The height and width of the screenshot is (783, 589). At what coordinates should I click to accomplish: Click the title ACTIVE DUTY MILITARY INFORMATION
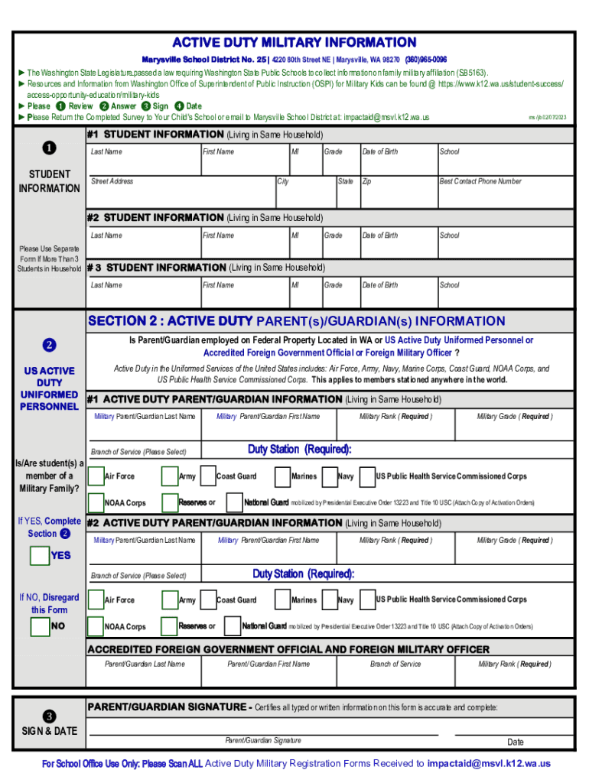pyautogui.click(x=294, y=42)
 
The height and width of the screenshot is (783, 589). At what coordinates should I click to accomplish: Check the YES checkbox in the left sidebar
pyautogui.click(x=40, y=556)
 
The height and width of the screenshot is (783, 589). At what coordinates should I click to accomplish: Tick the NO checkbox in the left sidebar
pyautogui.click(x=40, y=627)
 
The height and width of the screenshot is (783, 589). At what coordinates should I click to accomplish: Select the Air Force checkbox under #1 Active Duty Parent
pyautogui.click(x=96, y=476)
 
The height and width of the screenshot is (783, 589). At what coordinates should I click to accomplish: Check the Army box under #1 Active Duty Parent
pyautogui.click(x=170, y=476)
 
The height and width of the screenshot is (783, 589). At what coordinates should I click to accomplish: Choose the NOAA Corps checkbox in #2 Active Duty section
pyautogui.click(x=96, y=626)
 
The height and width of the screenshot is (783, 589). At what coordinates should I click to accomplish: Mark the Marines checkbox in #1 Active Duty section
pyautogui.click(x=282, y=476)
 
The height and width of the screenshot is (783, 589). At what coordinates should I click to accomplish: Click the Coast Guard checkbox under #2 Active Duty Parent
pyautogui.click(x=207, y=600)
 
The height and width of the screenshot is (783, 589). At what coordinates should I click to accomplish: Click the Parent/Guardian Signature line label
pyautogui.click(x=262, y=740)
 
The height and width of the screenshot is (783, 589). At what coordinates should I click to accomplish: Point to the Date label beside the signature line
pyautogui.click(x=516, y=742)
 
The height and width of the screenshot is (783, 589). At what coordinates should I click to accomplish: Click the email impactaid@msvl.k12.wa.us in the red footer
pyautogui.click(x=489, y=763)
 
